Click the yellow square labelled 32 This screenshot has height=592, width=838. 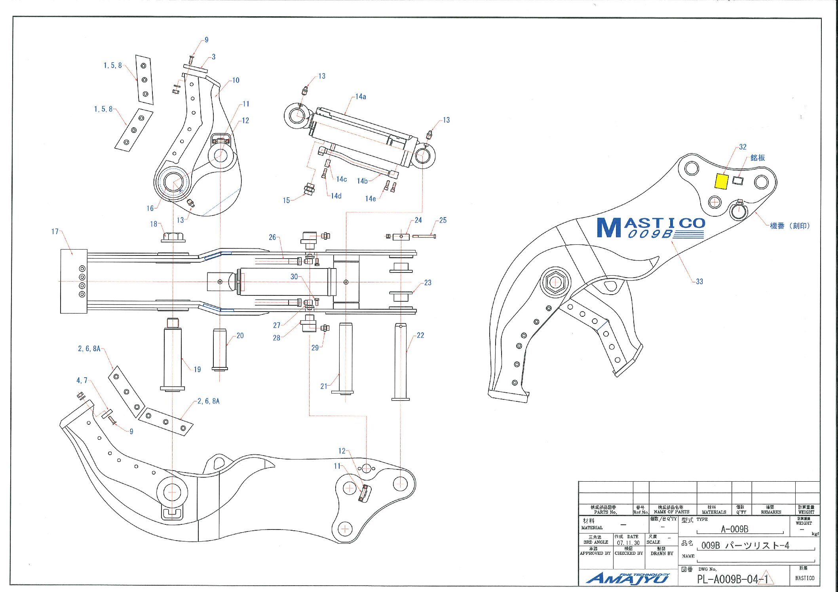pos(721,182)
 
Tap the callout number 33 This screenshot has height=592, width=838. pos(699,282)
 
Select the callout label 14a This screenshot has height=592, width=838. pos(361,96)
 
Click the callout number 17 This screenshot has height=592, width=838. pos(55,231)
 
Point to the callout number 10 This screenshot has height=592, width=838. pos(236,80)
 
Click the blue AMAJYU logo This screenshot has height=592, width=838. pos(628,578)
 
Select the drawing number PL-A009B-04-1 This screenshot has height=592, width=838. pos(733,579)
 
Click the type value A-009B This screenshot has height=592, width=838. pos(734,529)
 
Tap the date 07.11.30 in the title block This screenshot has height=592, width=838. pos(628,543)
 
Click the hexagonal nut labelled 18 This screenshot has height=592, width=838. pos(173,237)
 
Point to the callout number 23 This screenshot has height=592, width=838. pos(428,283)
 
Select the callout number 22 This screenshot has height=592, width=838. pos(420,335)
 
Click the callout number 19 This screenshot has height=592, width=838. pos(197,369)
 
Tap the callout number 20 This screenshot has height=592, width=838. pos(240,336)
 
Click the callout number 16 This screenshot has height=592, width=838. pos(150,208)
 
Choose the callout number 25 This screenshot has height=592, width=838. pos(443,220)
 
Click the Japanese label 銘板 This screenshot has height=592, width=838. pos(757,158)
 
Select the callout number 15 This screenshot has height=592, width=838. pos(286,200)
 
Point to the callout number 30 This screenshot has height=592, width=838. pos(294,277)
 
